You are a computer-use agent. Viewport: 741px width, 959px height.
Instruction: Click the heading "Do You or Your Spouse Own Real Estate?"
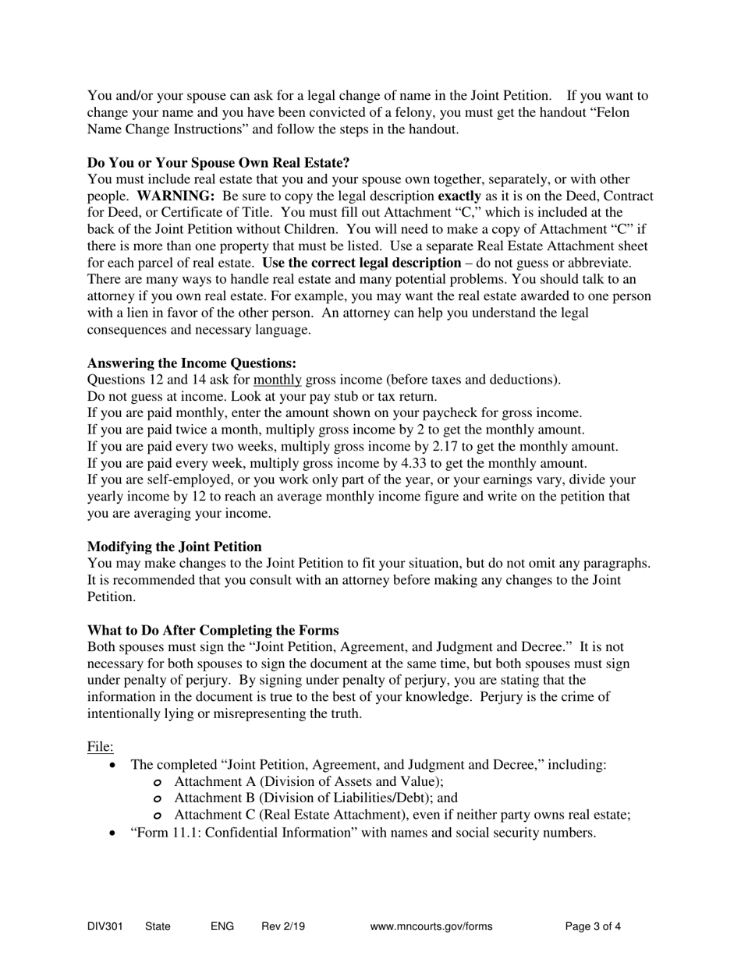[218, 162]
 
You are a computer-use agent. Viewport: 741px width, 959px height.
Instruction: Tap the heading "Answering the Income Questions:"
[192, 363]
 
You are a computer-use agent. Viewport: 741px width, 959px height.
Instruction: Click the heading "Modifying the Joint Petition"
[175, 547]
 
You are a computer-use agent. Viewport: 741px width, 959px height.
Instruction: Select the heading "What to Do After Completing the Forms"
[213, 630]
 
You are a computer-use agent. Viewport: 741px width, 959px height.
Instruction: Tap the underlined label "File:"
[101, 747]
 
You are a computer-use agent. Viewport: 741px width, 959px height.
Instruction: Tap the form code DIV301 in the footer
[105, 927]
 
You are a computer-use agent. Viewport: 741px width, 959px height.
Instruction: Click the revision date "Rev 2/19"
[283, 927]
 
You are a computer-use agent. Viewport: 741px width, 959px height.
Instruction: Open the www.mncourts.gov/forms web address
[431, 927]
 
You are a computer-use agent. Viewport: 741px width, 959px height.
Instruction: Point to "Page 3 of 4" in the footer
[593, 927]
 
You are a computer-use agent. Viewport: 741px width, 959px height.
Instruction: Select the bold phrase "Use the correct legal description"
[361, 263]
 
